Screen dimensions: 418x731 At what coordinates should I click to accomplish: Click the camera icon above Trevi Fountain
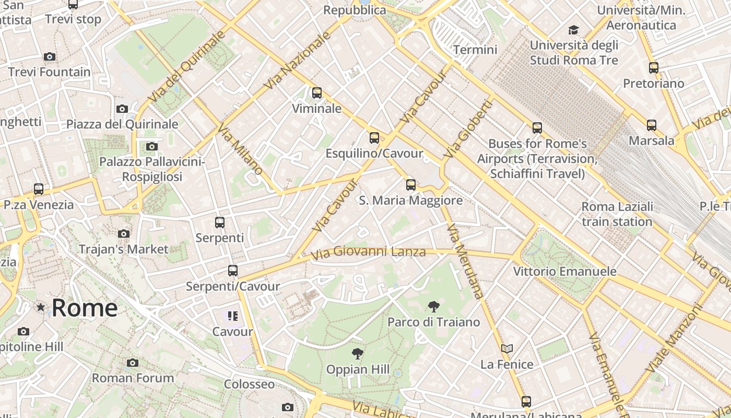[50, 56]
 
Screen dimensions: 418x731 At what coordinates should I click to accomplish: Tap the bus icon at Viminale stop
[316, 93]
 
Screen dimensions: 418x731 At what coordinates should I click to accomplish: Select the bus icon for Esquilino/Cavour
[374, 138]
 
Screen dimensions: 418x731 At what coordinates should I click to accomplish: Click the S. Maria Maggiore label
[411, 201]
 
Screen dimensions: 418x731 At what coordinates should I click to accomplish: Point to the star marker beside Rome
[41, 307]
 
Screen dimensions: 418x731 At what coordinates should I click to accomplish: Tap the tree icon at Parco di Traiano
[433, 307]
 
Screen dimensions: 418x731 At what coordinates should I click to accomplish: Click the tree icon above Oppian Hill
[358, 354]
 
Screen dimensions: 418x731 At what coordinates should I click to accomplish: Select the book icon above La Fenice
[507, 349]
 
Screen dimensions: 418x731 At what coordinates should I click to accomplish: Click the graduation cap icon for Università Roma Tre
[574, 30]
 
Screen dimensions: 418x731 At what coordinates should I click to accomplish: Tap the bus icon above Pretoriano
[653, 67]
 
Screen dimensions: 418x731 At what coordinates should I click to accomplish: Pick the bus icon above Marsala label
[651, 125]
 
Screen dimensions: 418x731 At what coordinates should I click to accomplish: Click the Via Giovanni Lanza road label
[368, 253]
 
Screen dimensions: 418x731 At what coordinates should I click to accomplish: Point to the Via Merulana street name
[464, 261]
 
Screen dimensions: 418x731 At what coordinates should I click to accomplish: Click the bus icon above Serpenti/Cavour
[233, 271]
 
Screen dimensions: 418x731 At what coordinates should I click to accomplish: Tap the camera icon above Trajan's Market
[124, 234]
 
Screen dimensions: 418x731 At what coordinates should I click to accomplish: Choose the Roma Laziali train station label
[617, 214]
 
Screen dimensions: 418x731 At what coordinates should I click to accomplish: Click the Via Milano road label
[241, 149]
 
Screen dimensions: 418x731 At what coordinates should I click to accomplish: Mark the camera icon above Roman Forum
[133, 363]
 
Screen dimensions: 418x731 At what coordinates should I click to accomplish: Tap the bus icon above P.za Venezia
[39, 189]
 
